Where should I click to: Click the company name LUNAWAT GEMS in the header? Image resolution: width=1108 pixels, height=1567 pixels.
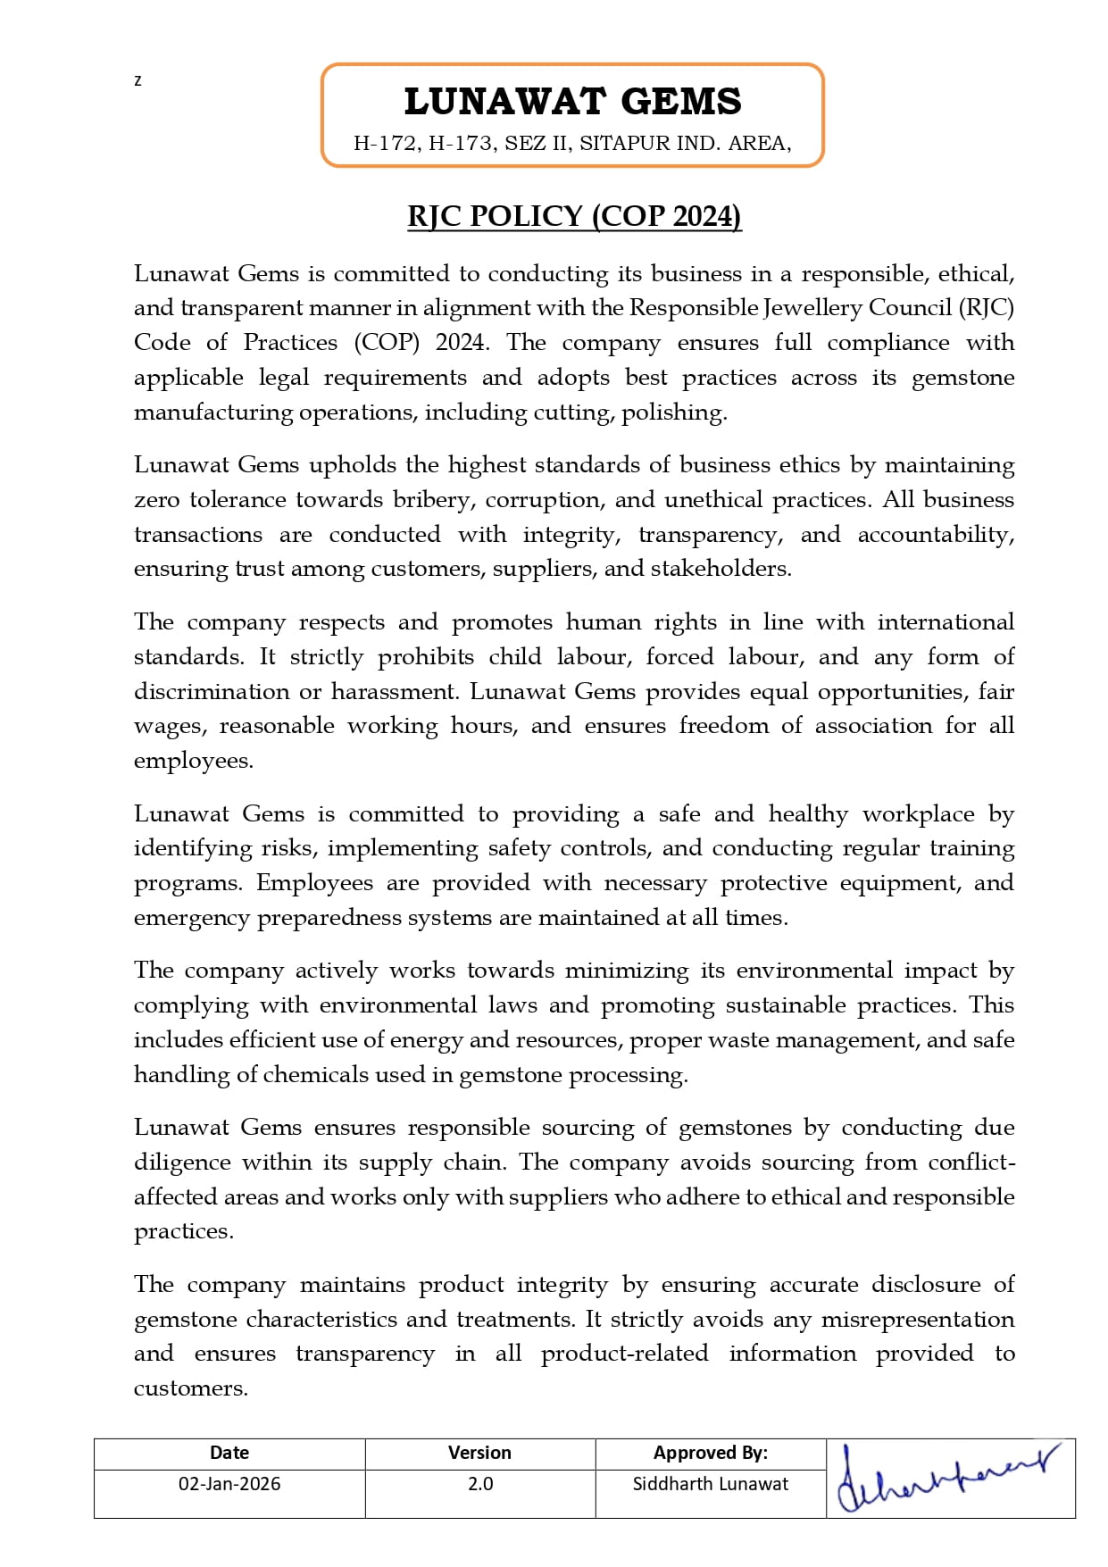(572, 102)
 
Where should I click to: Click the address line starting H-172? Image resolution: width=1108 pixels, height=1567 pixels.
(572, 143)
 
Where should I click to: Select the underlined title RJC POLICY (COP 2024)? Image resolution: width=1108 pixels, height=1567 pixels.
(574, 217)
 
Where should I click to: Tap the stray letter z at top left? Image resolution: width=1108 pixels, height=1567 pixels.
(137, 81)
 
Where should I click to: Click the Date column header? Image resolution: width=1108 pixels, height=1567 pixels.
(229, 1453)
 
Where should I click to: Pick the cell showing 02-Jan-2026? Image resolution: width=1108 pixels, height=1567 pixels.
(229, 1484)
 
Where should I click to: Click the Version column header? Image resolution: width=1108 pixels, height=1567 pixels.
(479, 1453)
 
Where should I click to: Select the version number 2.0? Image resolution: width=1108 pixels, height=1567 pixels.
(480, 1484)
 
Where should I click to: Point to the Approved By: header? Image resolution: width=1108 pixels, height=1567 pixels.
(710, 1453)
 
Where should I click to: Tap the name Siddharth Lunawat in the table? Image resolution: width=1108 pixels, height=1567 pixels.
(710, 1484)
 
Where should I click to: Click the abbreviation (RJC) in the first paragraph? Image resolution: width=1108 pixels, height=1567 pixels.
(987, 308)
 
